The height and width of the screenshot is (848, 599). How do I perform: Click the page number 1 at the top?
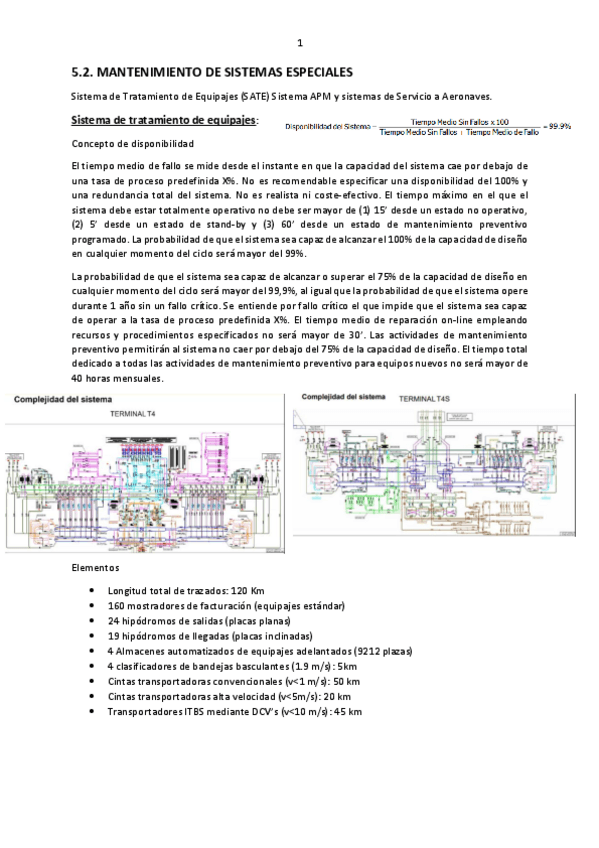coord(299,43)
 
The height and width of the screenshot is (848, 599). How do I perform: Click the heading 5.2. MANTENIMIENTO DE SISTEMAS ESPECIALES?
coord(212,73)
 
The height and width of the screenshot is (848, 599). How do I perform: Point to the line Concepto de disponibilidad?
coord(132,145)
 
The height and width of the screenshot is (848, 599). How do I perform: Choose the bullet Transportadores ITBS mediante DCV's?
coord(233,711)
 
